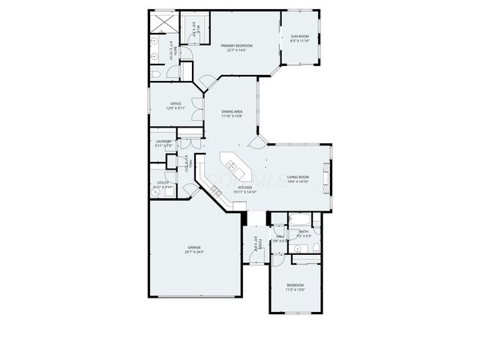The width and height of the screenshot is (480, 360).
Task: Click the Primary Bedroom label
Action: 236,46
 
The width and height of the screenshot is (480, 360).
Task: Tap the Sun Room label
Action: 299,37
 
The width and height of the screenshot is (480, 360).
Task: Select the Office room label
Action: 176,103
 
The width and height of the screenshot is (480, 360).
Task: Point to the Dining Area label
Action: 231,111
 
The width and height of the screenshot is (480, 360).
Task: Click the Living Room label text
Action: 298,177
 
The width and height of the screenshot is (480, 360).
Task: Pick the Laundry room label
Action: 163,141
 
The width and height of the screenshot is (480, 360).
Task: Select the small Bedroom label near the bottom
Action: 295,284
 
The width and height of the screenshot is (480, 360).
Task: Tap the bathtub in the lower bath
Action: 301,220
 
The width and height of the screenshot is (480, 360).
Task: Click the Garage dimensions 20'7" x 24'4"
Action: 193,252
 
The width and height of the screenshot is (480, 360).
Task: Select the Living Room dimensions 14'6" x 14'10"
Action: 298,181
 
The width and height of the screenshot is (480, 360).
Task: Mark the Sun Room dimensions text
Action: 299,41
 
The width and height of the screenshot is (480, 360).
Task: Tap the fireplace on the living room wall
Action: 325,178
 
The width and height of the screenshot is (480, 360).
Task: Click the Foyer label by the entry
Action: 255,243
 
